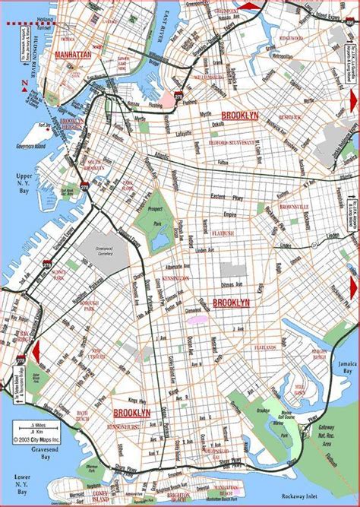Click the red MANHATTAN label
72,55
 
